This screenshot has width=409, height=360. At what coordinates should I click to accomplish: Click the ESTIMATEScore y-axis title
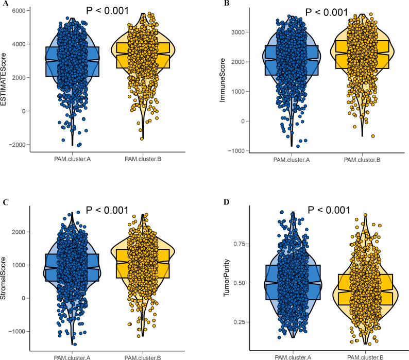(6, 77)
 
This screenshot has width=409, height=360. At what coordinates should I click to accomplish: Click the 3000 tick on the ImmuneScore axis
(239, 32)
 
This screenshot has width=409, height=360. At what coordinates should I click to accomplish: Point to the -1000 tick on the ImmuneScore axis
(237, 151)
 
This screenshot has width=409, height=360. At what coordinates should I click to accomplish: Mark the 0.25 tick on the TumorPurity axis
(241, 322)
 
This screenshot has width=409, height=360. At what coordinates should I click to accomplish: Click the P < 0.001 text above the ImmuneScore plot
(327, 11)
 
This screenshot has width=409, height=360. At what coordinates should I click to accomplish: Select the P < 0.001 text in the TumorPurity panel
(329, 210)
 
